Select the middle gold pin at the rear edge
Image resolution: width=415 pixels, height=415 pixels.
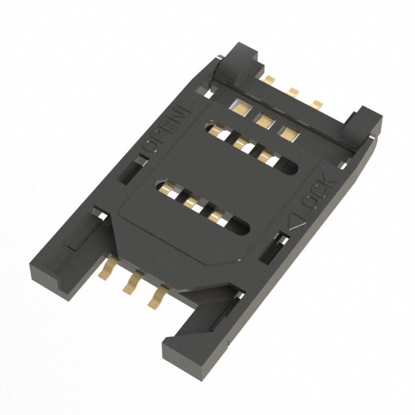(x=293, y=91)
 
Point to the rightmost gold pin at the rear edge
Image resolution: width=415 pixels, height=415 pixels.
(x=317, y=102)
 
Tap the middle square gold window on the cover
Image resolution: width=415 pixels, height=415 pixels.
(x=263, y=119)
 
